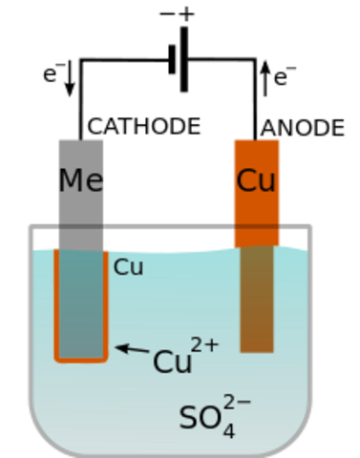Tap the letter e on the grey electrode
(95, 182)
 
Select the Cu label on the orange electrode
(256, 181)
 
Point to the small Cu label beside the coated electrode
(128, 268)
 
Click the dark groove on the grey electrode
(80, 226)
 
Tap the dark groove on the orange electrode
(257, 226)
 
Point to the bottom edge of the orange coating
(81, 360)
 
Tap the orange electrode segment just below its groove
(257, 238)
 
